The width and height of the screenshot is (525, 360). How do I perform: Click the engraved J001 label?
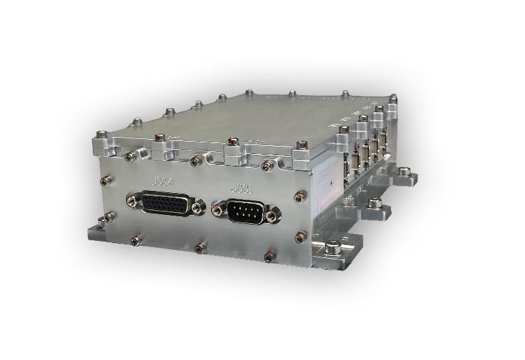coord(242,188)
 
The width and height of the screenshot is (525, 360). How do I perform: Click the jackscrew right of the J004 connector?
coord(199,207)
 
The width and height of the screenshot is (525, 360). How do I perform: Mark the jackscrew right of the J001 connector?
coord(274,216)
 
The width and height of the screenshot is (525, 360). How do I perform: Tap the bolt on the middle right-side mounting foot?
coord(374,203)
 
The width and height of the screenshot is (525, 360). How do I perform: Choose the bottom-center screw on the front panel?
coord(200,248)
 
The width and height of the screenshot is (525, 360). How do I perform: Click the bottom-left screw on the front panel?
coord(136,240)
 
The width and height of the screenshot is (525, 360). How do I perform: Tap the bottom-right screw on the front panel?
coord(270,257)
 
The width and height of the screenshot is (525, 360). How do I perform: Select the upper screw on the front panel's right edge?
coord(300,196)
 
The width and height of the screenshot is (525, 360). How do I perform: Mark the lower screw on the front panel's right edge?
coord(300,237)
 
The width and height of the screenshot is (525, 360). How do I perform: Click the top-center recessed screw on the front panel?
coord(196,162)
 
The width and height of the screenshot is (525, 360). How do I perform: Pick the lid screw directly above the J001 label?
coord(233,142)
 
